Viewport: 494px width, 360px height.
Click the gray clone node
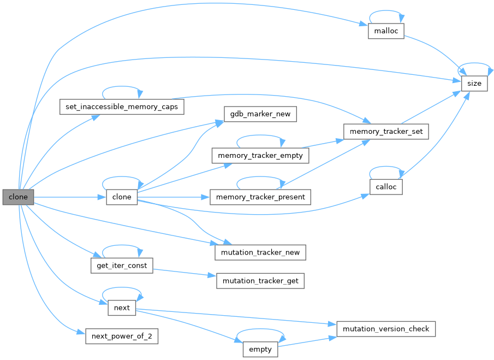(x=18, y=197)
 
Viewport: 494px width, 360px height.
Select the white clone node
(x=122, y=197)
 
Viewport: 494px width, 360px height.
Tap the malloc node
(x=386, y=31)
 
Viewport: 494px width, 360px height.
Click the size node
(x=474, y=84)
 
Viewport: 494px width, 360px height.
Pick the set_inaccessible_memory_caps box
(x=121, y=106)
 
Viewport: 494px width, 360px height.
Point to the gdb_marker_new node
(x=260, y=114)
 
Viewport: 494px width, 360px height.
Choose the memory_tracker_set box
(x=386, y=132)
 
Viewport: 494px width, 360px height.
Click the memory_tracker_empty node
(x=260, y=156)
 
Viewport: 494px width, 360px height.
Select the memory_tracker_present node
(x=260, y=197)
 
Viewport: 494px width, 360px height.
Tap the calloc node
(x=386, y=187)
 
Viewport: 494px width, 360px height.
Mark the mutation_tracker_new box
(x=260, y=252)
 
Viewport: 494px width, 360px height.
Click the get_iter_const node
(x=121, y=265)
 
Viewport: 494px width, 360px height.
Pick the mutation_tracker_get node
(x=260, y=281)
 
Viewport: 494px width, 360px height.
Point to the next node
(x=122, y=308)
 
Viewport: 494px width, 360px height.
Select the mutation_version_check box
(x=386, y=329)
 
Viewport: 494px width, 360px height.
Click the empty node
(x=260, y=350)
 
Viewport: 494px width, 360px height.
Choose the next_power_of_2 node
(x=121, y=336)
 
